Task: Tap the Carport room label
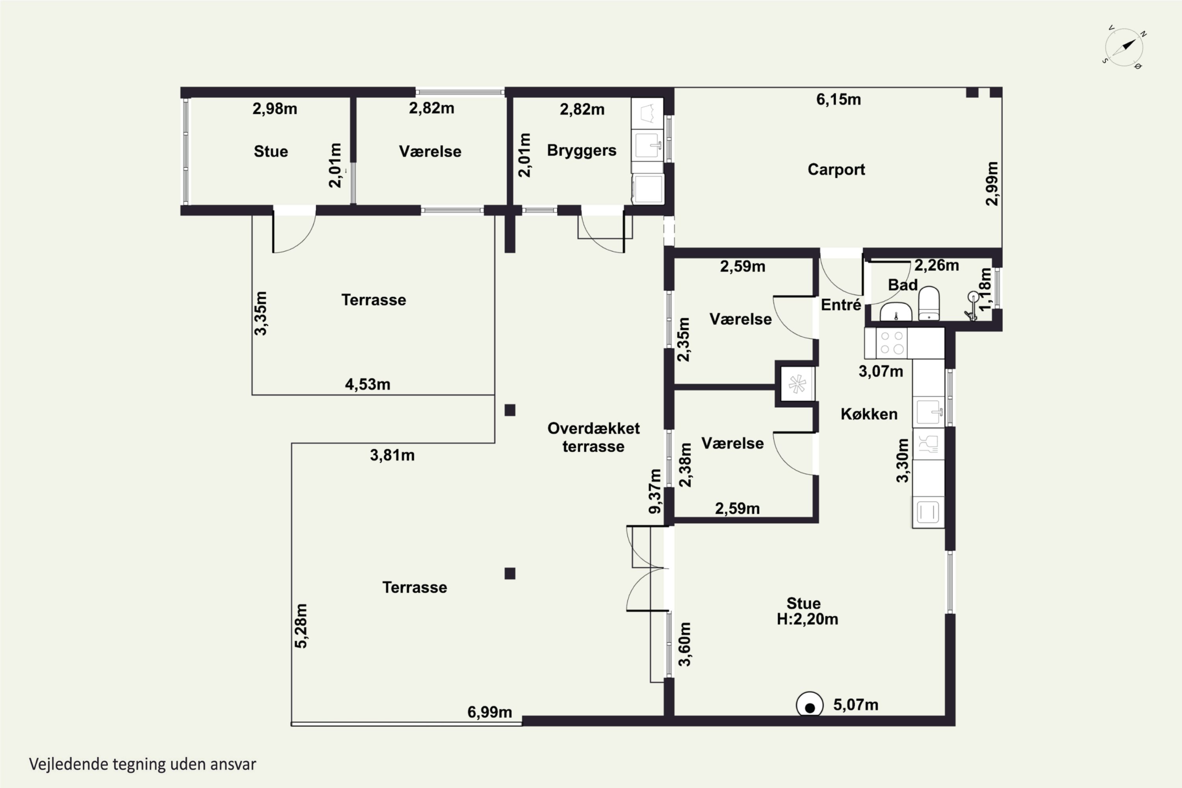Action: [836, 170]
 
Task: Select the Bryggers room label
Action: [582, 151]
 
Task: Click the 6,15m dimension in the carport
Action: [838, 100]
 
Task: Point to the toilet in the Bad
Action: [929, 303]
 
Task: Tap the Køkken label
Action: [869, 414]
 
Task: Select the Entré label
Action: [841, 305]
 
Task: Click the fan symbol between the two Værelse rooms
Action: [797, 385]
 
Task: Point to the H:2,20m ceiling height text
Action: [807, 619]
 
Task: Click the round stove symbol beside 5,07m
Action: [810, 706]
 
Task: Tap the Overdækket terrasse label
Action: [593, 437]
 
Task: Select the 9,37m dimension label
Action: [655, 491]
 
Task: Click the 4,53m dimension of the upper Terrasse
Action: [367, 385]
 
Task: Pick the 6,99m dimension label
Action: [489, 712]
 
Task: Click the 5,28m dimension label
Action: [301, 626]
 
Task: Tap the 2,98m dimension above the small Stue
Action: [275, 109]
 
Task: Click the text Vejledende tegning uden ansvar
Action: [143, 764]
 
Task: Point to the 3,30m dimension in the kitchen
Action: [903, 460]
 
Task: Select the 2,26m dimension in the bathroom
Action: [936, 265]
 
